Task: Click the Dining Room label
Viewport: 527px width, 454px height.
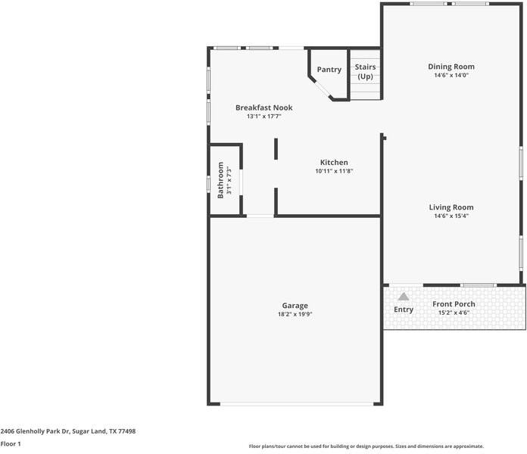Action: click(x=451, y=67)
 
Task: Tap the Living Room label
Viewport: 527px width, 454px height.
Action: click(x=451, y=207)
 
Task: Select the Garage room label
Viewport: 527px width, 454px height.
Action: click(x=295, y=306)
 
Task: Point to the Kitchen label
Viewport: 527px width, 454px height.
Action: click(x=334, y=163)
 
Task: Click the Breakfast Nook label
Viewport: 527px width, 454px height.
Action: click(x=263, y=107)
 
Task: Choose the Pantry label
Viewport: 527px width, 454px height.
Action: click(x=329, y=70)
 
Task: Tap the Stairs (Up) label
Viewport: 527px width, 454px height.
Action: click(x=366, y=72)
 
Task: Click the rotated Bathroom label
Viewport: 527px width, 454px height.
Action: click(x=221, y=179)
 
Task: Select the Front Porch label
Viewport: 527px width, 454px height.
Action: click(x=454, y=304)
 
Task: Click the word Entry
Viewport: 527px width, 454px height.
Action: click(x=404, y=309)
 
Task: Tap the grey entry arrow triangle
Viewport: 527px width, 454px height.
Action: click(x=404, y=297)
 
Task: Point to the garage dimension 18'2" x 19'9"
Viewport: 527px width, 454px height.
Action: click(x=295, y=314)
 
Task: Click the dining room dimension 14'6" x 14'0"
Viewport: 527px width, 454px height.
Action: click(x=451, y=76)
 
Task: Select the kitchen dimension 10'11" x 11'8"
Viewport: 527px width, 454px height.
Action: click(x=334, y=172)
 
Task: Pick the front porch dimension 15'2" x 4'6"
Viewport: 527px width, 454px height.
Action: click(x=454, y=313)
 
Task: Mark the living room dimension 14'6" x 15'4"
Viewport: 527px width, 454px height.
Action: click(x=451, y=216)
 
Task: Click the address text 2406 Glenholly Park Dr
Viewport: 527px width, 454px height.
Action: click(x=68, y=431)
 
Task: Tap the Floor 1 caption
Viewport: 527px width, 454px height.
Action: click(x=11, y=444)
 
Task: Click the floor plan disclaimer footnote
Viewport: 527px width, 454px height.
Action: click(x=366, y=446)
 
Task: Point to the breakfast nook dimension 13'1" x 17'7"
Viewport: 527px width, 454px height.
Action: click(x=263, y=117)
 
